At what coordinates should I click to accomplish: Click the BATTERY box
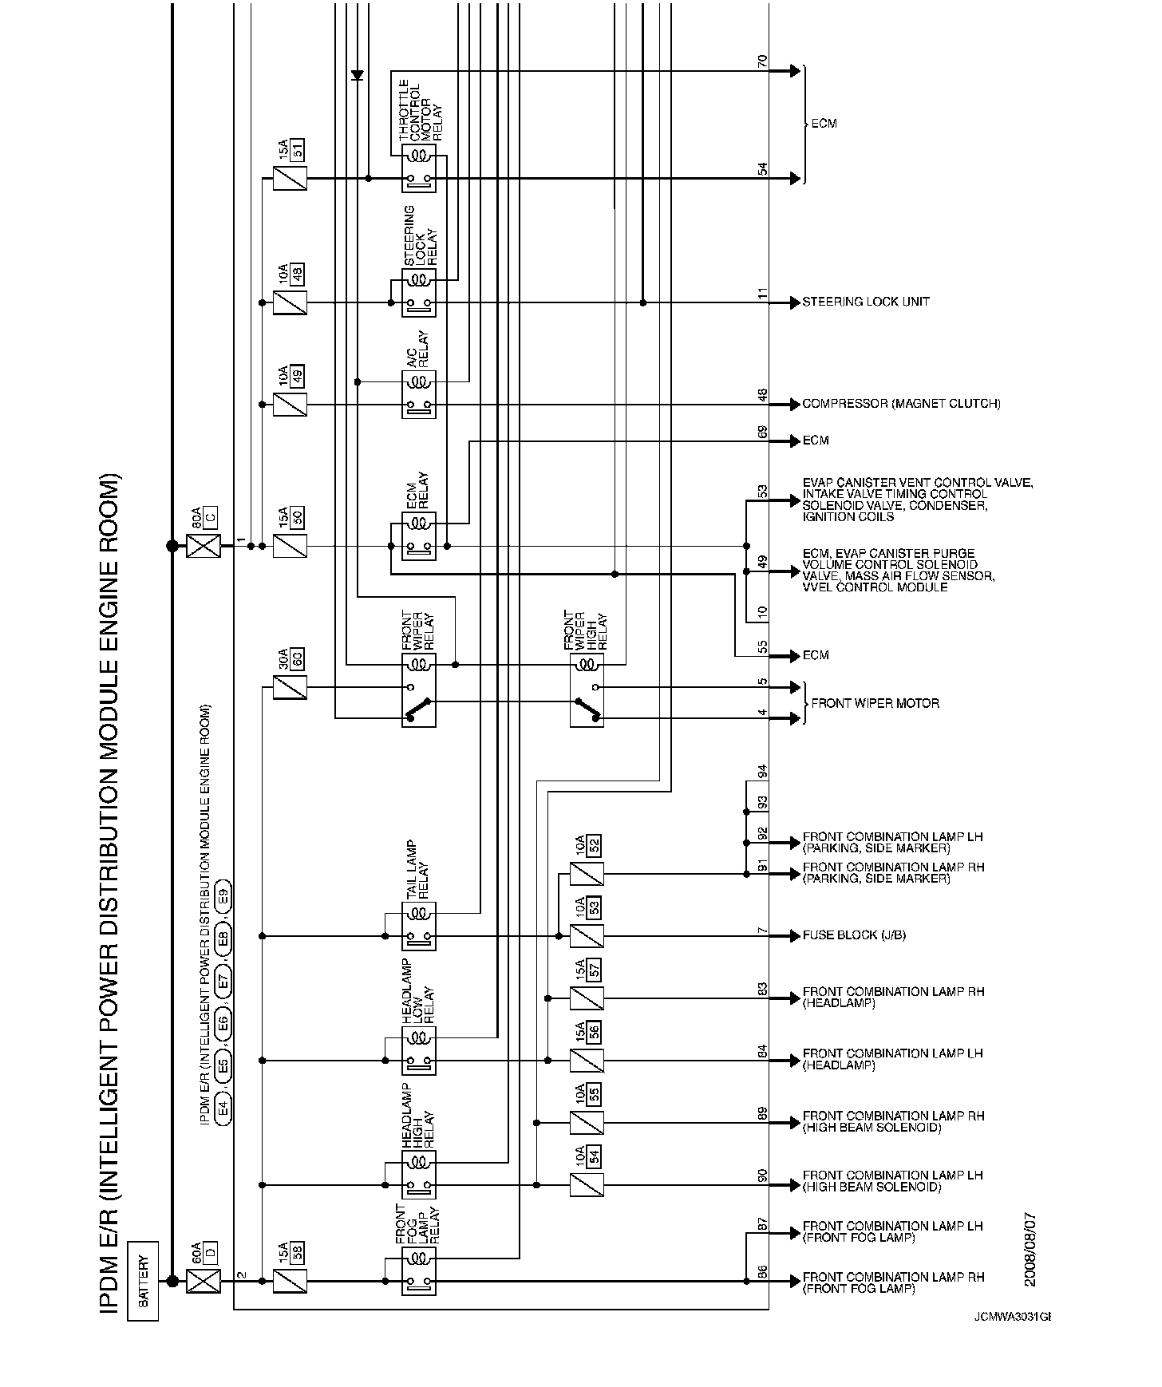click(143, 1281)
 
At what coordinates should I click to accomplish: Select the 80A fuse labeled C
click(203, 546)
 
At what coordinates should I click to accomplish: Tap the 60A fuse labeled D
click(203, 1282)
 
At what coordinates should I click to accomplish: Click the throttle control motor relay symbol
click(419, 168)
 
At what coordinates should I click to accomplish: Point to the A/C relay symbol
click(419, 394)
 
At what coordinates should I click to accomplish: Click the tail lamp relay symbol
click(419, 926)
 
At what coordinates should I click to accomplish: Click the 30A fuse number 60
click(290, 687)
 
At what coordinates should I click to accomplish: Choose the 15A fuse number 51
click(290, 179)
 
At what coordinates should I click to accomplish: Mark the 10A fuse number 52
click(587, 874)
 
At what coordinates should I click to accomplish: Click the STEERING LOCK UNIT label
click(866, 302)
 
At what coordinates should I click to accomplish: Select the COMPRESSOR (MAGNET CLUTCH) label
click(901, 405)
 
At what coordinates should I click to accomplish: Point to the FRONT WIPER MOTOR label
click(875, 703)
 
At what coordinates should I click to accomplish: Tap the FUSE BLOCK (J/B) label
click(854, 935)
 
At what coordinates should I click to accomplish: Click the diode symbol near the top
click(357, 75)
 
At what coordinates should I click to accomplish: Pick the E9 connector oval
click(224, 895)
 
